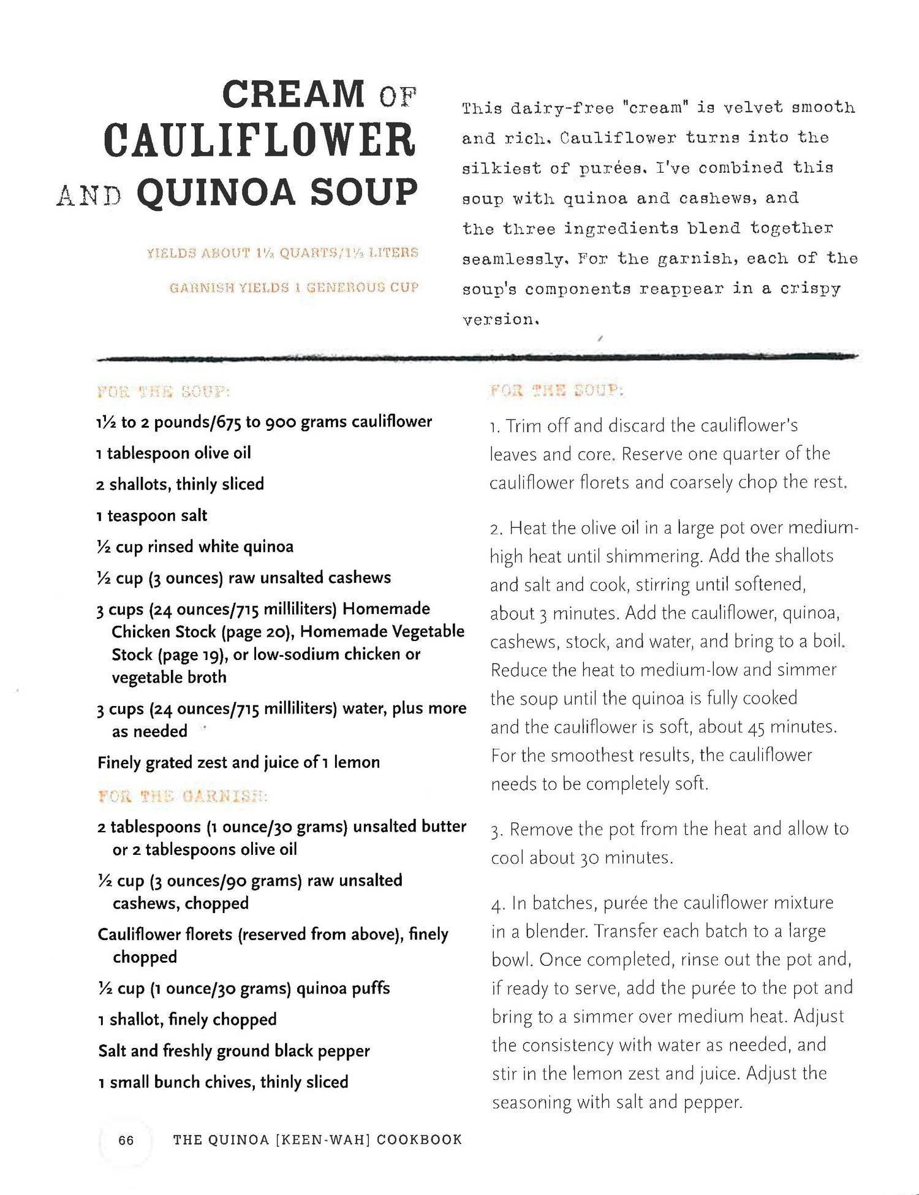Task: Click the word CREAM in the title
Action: pos(293,94)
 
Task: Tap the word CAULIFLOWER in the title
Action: pos(260,140)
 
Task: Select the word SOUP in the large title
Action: pos(364,192)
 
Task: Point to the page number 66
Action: pos(126,1140)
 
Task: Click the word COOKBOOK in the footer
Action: pos(419,1140)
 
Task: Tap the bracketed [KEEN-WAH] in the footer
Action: pos(323,1140)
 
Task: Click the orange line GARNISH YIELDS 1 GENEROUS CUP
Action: pos(294,287)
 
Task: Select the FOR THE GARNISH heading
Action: pos(183,796)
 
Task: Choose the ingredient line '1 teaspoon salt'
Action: pos(151,515)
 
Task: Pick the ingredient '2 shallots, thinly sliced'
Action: pos(180,484)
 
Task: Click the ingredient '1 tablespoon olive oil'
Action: pos(173,453)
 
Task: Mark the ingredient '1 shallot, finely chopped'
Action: pos(187,1019)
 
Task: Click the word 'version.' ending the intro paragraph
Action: pos(500,319)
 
